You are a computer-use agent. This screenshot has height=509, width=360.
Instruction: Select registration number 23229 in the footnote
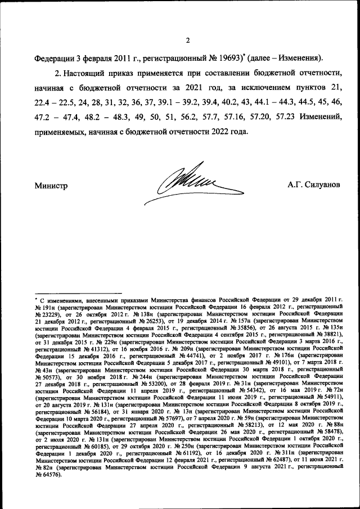[47, 316]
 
